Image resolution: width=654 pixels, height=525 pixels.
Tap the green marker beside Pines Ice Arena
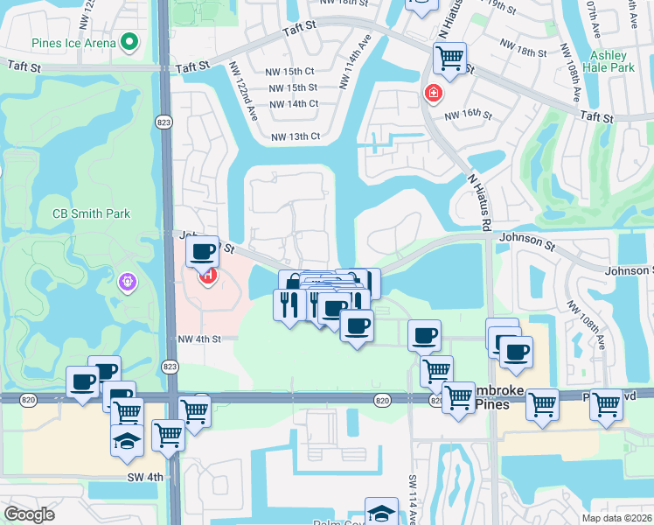(129, 41)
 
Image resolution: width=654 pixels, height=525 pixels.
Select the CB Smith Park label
(91, 213)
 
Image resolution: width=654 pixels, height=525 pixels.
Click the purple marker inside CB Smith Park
(128, 283)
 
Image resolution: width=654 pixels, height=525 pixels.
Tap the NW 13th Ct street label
(296, 136)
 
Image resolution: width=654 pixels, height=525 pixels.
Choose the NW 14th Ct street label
(294, 104)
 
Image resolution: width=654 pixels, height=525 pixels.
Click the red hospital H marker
(208, 277)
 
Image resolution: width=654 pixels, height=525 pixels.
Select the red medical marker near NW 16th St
(432, 93)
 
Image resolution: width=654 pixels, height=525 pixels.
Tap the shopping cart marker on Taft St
(449, 59)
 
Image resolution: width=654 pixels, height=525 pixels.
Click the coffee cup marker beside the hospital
(204, 253)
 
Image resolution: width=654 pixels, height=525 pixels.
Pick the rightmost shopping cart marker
(606, 403)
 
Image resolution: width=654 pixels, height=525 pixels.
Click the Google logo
(29, 514)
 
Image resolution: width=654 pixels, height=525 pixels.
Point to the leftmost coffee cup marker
(83, 381)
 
